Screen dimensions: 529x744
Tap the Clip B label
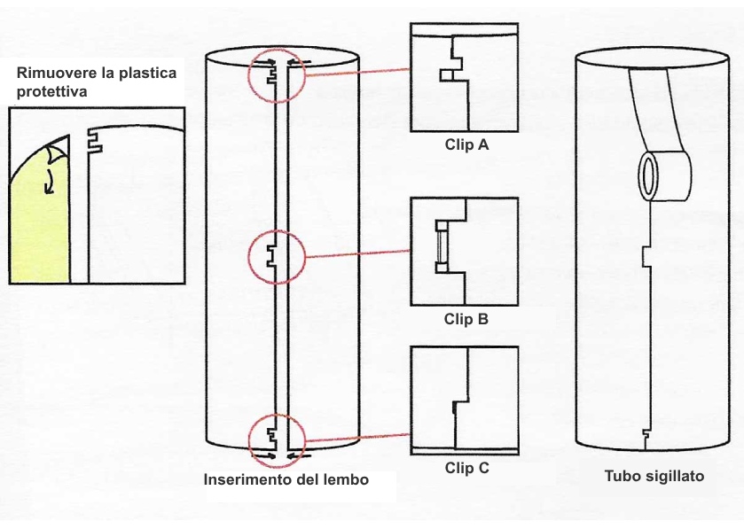[466, 319]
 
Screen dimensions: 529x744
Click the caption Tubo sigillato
[654, 476]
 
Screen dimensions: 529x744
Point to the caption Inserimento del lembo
[286, 480]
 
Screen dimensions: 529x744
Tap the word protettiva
[49, 91]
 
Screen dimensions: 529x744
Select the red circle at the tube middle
[278, 257]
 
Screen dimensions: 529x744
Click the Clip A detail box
[465, 78]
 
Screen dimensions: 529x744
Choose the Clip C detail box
[465, 398]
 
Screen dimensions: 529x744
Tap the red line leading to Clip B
[357, 256]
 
